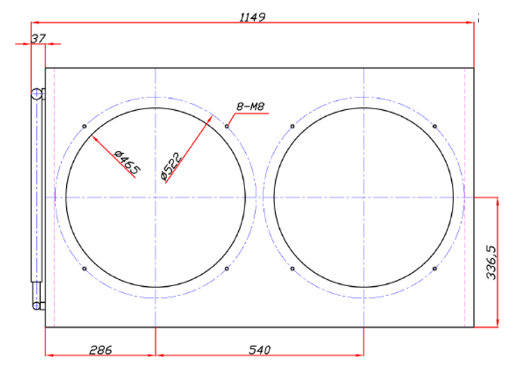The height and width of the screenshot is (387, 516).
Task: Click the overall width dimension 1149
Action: click(x=253, y=17)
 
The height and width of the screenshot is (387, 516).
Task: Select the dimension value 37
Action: click(x=38, y=39)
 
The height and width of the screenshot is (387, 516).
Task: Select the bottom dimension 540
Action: click(x=259, y=349)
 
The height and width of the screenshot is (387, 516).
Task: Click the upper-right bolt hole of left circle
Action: click(x=228, y=126)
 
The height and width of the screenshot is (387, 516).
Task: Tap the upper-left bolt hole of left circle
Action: click(x=84, y=126)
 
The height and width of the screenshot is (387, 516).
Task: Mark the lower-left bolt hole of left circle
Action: click(x=84, y=269)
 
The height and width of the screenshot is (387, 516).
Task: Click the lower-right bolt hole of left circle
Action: click(x=228, y=269)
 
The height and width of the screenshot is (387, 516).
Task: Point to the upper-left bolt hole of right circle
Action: click(x=292, y=126)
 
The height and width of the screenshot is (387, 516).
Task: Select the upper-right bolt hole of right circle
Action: click(x=435, y=126)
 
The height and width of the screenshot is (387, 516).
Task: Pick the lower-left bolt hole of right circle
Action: click(x=292, y=269)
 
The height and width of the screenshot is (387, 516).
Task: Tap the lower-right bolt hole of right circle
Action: click(x=435, y=269)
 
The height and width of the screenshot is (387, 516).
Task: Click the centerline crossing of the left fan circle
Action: click(x=155, y=198)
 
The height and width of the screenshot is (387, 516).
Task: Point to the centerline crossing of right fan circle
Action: click(x=364, y=198)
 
